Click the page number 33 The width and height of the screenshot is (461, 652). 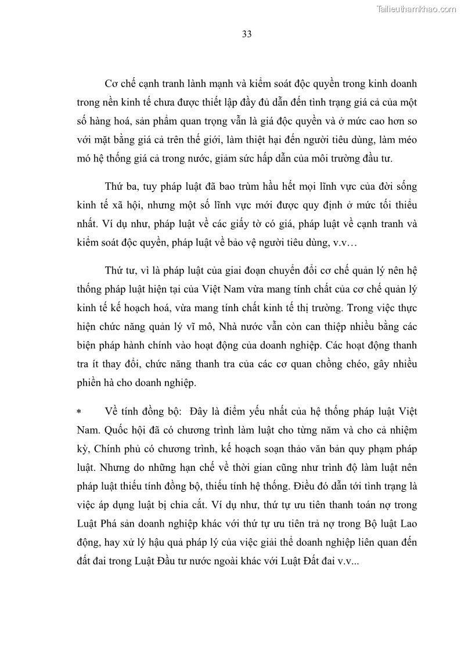tap(246, 34)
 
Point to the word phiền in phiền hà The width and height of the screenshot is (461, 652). tap(90, 383)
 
